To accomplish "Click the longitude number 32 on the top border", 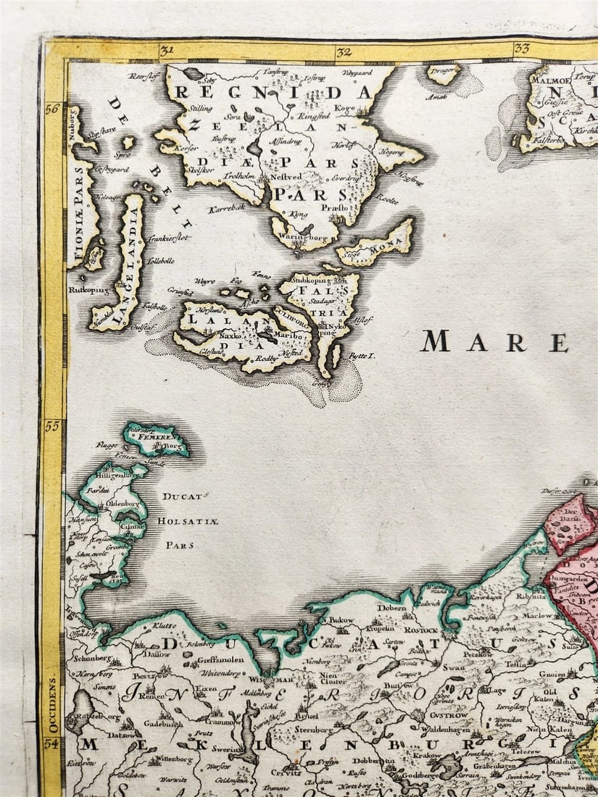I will tap(343, 51).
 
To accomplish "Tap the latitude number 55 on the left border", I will tap(51, 426).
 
